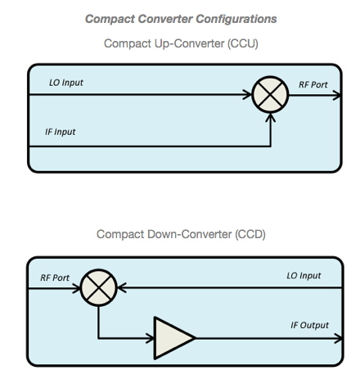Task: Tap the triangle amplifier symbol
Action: [174, 338]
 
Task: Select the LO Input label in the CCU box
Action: [66, 83]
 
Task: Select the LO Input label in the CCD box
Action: [304, 276]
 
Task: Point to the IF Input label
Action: [60, 132]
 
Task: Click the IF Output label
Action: [309, 325]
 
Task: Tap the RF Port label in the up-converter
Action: [313, 84]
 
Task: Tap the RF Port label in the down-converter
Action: [55, 277]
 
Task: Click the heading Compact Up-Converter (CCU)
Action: [181, 43]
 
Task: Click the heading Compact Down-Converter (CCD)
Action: [181, 234]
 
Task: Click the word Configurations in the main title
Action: [236, 19]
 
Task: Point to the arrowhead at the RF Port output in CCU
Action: [337, 95]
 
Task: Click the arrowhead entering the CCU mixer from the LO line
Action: [247, 95]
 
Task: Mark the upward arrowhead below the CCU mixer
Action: [270, 118]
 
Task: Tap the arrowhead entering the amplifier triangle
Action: [151, 338]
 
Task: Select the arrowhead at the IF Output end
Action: [338, 338]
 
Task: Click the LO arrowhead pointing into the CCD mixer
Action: [122, 287]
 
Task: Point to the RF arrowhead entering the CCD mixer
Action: [76, 288]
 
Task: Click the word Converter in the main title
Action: [165, 19]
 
